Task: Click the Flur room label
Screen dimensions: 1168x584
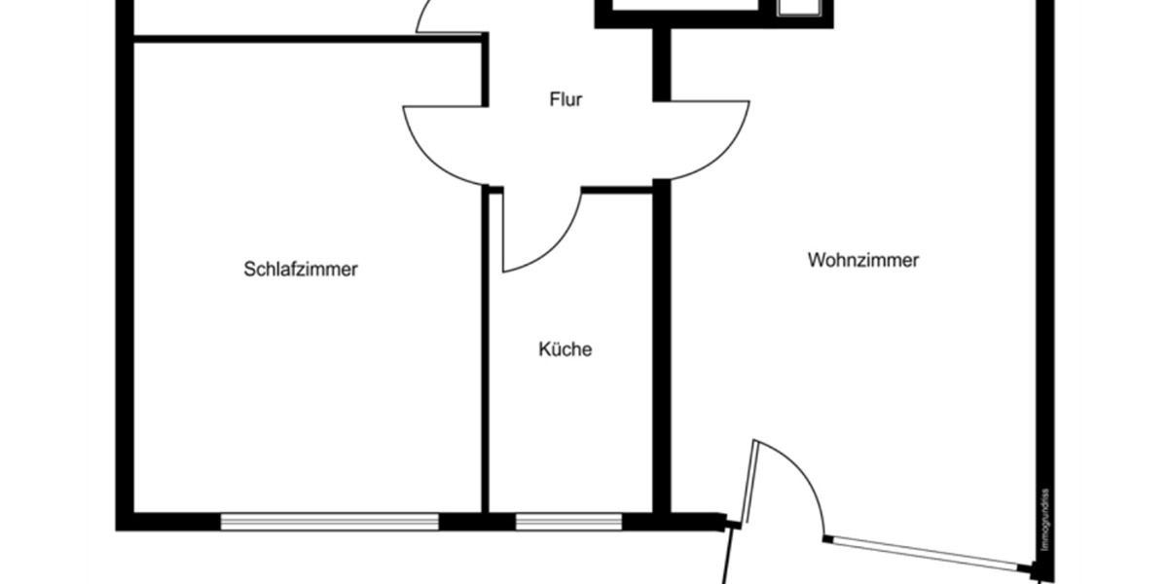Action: [566, 99]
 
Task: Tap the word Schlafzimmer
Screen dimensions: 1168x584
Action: [301, 270]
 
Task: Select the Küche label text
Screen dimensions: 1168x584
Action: [566, 349]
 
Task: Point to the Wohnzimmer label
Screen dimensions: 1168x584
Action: [863, 261]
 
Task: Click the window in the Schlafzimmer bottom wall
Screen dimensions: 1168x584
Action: [329, 522]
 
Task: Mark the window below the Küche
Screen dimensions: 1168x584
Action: [568, 522]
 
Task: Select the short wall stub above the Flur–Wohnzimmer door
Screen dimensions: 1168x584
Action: [661, 64]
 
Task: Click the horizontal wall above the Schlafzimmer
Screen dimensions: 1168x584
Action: [307, 39]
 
